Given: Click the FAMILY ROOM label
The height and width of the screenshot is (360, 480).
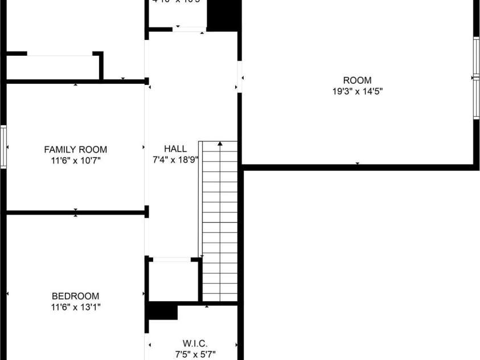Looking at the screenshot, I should point(76,150).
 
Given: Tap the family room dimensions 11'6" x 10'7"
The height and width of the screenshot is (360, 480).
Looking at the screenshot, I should point(76,161).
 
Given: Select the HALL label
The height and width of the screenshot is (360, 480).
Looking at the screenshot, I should point(175,149).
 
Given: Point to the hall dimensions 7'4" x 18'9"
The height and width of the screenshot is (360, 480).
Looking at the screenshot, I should point(175,159).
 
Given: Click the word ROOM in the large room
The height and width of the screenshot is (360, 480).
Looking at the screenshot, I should point(357,80).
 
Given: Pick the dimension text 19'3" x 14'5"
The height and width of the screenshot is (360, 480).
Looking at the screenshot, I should point(357,91).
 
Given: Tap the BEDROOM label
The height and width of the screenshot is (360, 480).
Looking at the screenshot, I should point(76,296).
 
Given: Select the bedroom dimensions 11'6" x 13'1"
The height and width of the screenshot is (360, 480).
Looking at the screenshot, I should point(76,307).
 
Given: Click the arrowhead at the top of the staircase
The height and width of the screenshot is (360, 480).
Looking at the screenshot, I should point(220,144).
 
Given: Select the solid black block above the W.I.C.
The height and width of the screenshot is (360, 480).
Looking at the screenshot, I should point(163,312).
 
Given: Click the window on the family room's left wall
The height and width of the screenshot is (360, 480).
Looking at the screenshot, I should point(3,147).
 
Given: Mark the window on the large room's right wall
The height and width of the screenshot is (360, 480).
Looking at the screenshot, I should point(476,78).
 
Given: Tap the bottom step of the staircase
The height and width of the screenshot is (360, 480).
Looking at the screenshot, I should point(220,295).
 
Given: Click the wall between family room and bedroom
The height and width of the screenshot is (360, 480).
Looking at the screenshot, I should point(76,213).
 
